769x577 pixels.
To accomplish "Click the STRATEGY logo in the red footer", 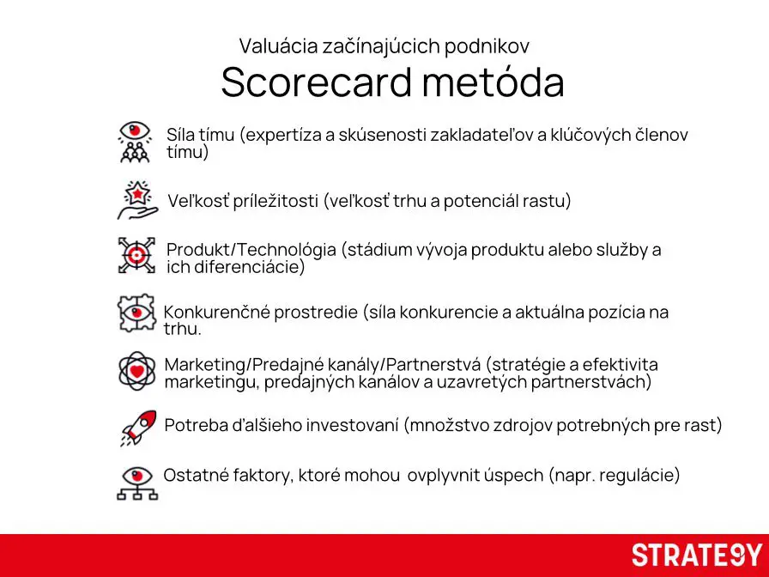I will coord(697,555).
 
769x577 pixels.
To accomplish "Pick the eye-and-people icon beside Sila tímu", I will coord(135,142).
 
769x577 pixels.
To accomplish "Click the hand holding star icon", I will coord(136,200).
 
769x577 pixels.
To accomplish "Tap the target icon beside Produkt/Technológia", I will coord(136,255).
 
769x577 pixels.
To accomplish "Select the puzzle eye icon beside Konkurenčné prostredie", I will coord(136,313).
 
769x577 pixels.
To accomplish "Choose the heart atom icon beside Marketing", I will coord(136,371).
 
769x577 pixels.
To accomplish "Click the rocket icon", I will coord(137,427).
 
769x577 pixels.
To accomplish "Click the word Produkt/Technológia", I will coord(251,250).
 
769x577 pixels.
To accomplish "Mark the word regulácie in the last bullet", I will coord(639,476).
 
